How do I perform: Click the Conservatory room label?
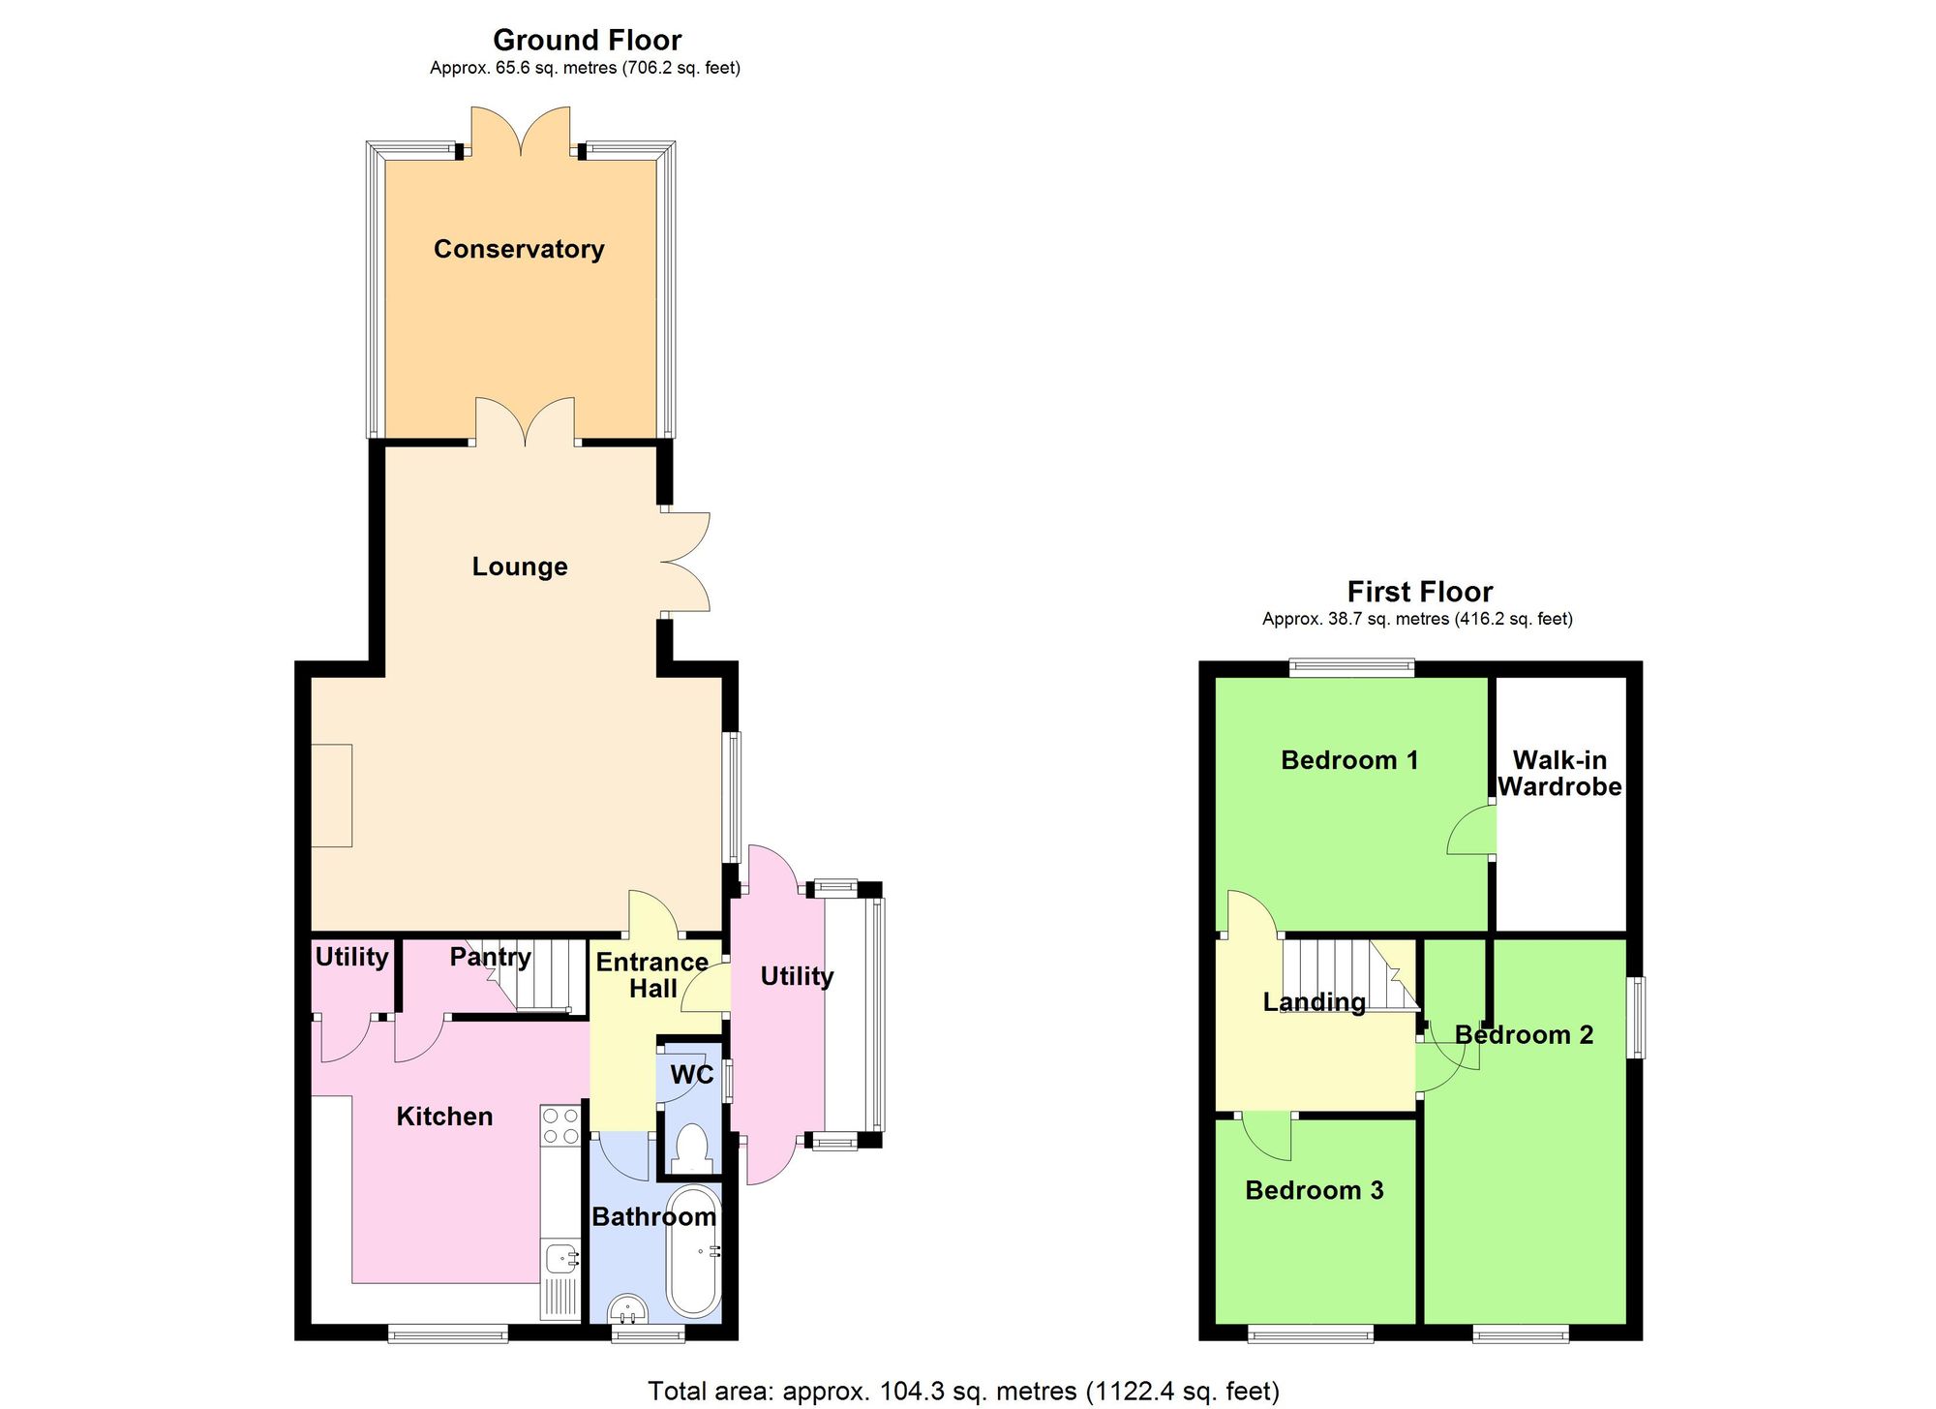click(519, 249)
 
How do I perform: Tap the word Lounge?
click(520, 567)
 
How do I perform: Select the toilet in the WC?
click(692, 1149)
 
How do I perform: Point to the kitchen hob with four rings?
click(560, 1126)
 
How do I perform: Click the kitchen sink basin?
click(561, 1259)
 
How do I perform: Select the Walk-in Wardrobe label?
click(1559, 773)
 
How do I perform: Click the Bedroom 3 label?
click(1314, 1190)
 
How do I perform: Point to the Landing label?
click(1314, 1002)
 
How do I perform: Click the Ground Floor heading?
click(587, 40)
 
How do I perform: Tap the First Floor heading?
click(1419, 592)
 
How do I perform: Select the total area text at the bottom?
click(963, 1392)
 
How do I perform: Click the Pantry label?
click(490, 957)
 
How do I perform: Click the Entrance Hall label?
click(652, 975)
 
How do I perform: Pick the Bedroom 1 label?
click(1348, 760)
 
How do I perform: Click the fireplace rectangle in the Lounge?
click(331, 795)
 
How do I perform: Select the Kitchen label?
click(444, 1117)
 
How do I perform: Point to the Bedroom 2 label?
click(1524, 1035)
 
